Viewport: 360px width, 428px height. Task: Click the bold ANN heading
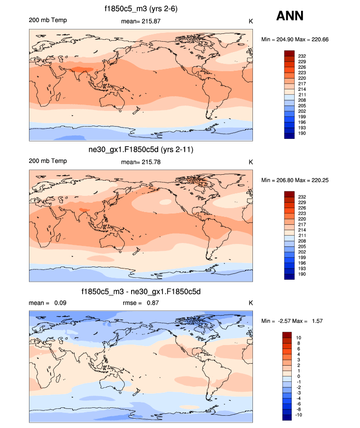(290, 16)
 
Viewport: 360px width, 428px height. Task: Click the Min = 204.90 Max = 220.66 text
(296, 39)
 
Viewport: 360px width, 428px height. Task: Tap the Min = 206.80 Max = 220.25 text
(296, 180)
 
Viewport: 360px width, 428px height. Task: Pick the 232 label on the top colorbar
(302, 56)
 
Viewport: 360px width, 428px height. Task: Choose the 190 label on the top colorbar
(302, 133)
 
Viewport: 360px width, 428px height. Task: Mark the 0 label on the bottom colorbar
(299, 376)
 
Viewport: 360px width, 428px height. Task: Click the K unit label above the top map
(250, 21)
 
